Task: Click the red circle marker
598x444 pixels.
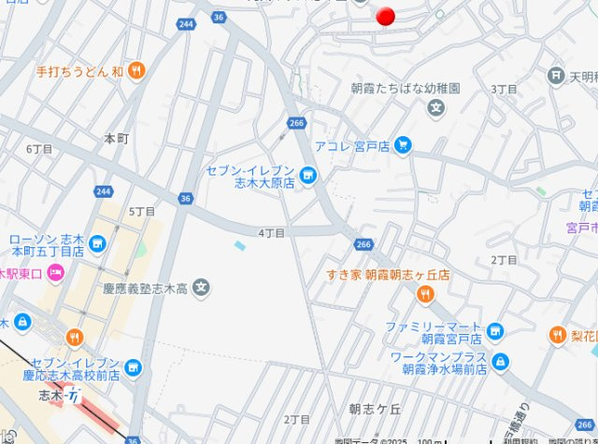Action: point(385,16)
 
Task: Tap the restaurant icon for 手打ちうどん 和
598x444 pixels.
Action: point(136,70)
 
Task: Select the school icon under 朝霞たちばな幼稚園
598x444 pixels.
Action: point(435,108)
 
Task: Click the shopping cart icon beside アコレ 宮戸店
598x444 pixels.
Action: point(403,145)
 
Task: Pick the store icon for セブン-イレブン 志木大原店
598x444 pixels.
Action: point(308,175)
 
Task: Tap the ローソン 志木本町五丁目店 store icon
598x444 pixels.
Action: point(97,244)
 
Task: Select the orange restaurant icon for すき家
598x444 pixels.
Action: point(425,295)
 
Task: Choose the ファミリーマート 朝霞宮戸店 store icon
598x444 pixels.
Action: point(494,330)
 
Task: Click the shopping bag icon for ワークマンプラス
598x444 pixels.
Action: point(501,361)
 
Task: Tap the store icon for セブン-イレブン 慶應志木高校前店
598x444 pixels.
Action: point(133,368)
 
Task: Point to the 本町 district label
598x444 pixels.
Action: point(116,138)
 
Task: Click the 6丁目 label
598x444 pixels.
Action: point(39,149)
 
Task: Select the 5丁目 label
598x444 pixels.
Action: point(142,212)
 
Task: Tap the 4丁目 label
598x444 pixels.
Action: point(272,232)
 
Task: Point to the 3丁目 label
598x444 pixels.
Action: point(505,89)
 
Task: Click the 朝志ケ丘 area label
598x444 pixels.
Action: point(375,409)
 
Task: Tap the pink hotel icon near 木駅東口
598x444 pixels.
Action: point(55,273)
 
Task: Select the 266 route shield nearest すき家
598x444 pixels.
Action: point(363,244)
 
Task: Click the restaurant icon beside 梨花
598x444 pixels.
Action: point(557,335)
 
